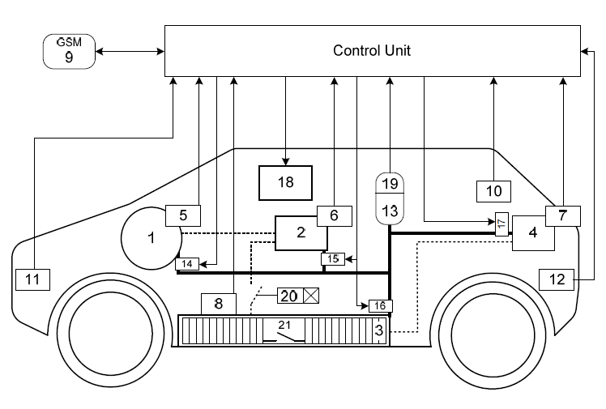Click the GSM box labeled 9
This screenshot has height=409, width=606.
[x=69, y=52]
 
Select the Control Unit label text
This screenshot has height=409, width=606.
[x=372, y=51]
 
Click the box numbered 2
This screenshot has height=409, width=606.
[x=301, y=232]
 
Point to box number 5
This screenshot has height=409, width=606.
[x=183, y=215]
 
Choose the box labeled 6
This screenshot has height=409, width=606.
[x=334, y=215]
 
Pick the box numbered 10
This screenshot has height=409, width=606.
[x=494, y=190]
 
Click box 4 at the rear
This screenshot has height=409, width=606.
[x=532, y=233]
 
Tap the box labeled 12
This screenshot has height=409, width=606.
[x=557, y=279]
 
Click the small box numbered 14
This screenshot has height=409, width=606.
[x=186, y=263]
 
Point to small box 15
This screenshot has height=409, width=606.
[x=333, y=259]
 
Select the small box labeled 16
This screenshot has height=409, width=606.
[x=380, y=305]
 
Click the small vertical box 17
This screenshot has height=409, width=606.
[x=501, y=224]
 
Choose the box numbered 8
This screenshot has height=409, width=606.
[x=218, y=304]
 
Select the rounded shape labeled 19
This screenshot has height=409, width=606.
[x=390, y=184]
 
